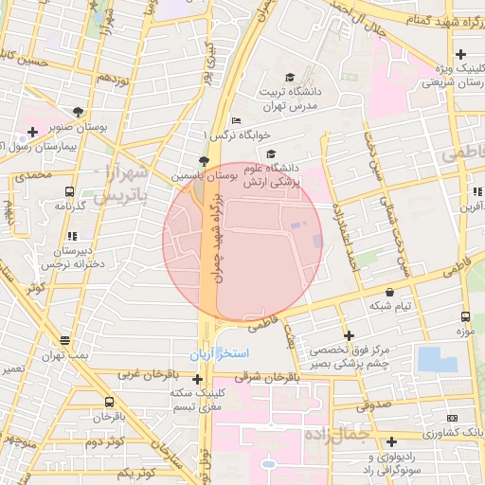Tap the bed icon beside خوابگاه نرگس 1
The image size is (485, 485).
click(236, 120)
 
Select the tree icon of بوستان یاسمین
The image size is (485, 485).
click(203, 160)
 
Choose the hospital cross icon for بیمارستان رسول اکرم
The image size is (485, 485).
click(32, 132)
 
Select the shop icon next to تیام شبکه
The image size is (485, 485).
click(390, 292)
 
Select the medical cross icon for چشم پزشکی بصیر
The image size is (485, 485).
click(350, 335)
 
